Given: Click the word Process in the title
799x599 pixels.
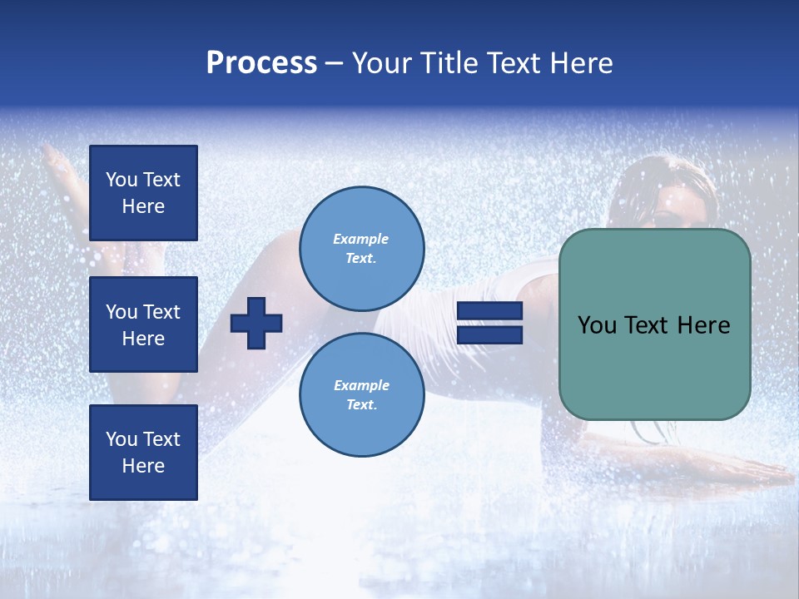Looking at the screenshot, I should coord(261,63).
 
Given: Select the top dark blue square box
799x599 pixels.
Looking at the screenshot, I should coord(143,193).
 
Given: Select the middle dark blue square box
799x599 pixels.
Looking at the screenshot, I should coord(143,324).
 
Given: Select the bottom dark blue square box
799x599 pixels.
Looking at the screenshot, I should coord(143,453).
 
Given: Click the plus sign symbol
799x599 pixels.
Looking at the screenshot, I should coord(256,323).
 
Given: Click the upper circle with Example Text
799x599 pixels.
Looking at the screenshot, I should coord(361,248).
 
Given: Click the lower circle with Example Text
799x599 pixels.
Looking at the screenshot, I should coord(361,394).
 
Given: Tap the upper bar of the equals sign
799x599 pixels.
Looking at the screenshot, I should coord(489,311).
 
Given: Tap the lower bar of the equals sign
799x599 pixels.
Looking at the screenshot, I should coord(489,335).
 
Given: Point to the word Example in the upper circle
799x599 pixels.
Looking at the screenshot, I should coord(361,239).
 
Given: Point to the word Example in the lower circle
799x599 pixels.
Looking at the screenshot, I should coord(361,385).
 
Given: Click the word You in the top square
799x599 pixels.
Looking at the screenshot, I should coord(122,180).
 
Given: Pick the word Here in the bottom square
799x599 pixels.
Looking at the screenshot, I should coord(143,466).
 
